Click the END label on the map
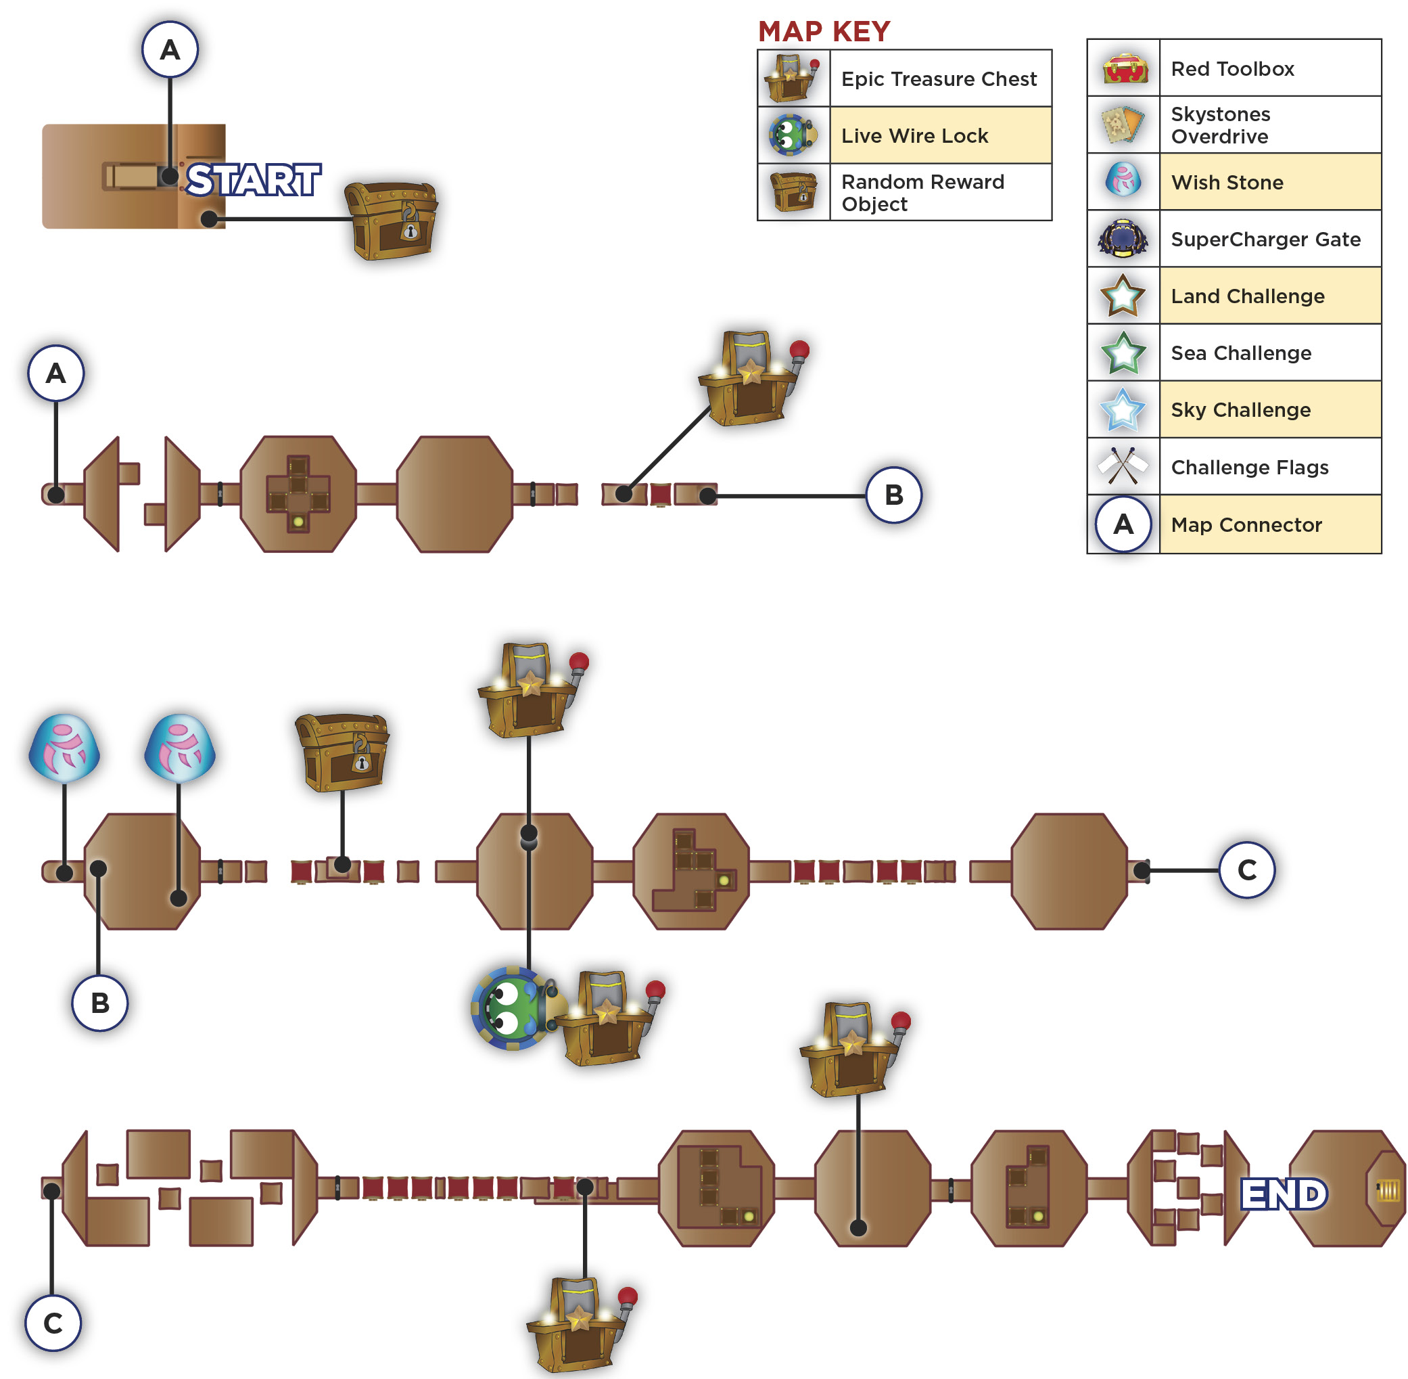(x=1284, y=1194)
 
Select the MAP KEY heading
(x=824, y=31)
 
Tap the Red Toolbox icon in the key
(x=1125, y=68)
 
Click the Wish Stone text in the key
(x=1227, y=183)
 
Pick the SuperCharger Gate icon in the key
(x=1123, y=238)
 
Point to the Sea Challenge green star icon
(x=1123, y=353)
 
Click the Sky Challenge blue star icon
(x=1122, y=410)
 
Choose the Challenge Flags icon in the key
(x=1122, y=466)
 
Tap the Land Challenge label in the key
(x=1247, y=296)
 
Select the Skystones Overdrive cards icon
(x=1123, y=125)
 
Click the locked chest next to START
(x=392, y=220)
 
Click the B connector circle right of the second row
(x=894, y=495)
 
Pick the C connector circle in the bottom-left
(x=53, y=1323)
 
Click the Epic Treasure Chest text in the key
(x=938, y=79)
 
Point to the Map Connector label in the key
(x=1246, y=524)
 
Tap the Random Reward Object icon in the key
(x=793, y=192)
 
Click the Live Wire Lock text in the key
(x=914, y=135)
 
